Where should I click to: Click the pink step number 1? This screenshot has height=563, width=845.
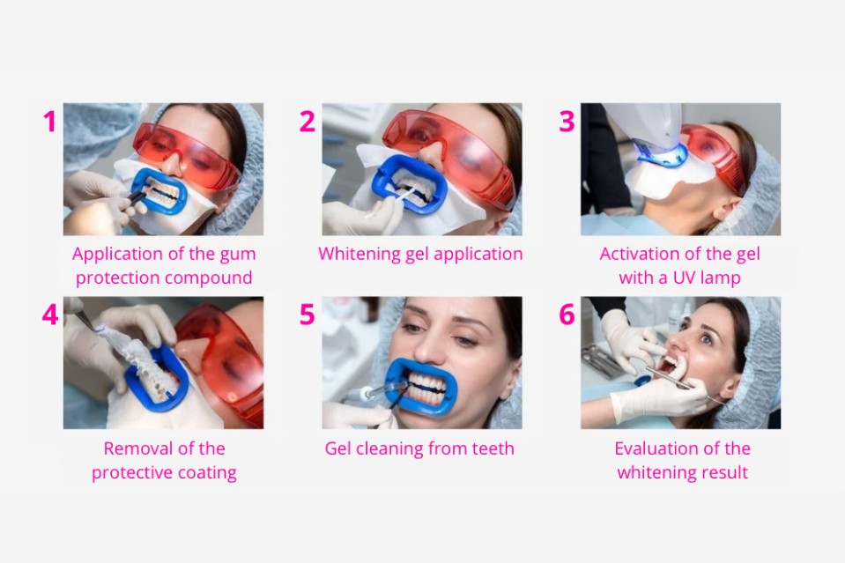coord(50,122)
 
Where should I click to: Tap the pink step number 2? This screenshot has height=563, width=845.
coord(308,122)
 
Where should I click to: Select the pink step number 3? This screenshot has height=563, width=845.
coord(567,122)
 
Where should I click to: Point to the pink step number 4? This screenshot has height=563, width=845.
coord(50,315)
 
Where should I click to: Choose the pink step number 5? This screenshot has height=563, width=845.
coord(308,315)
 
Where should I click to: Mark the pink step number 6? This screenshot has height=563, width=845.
coord(567,315)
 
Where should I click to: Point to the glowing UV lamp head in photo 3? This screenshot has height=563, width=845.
coord(661,156)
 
